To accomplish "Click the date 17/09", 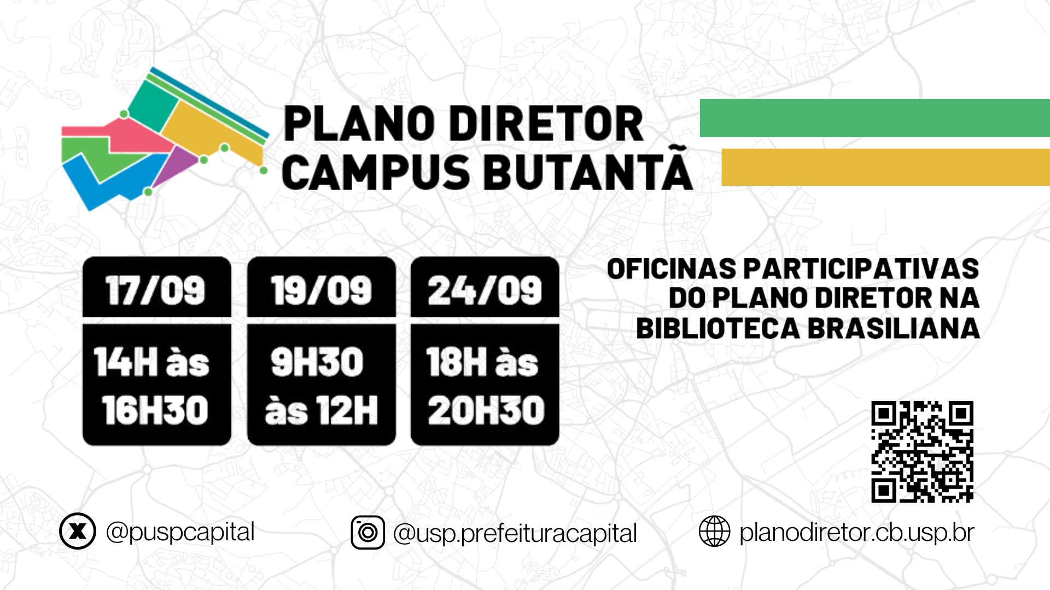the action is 155,290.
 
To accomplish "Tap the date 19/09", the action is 321,290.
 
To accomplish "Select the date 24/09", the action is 485,290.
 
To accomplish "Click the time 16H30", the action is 155,410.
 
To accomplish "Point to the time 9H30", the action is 317,362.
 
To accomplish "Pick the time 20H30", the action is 486,410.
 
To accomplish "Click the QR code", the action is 922,452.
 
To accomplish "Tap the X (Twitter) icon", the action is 78,531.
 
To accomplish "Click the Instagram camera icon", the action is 367,532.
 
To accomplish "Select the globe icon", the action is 714,531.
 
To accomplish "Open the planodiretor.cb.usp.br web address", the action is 857,533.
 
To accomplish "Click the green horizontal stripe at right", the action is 875,118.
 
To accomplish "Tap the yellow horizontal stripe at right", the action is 886,167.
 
